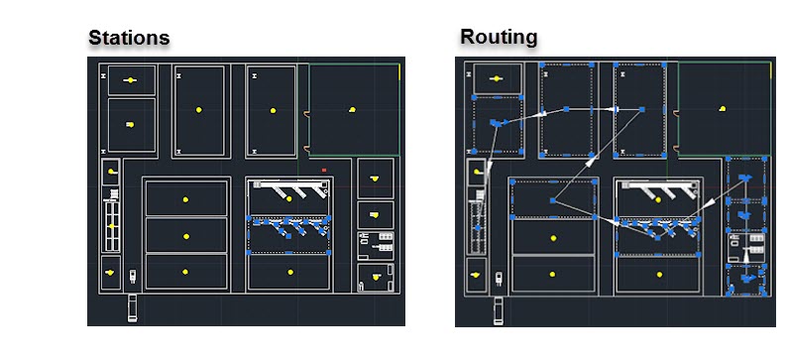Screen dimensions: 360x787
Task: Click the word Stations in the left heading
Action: (129, 38)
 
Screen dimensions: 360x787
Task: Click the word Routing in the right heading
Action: (498, 38)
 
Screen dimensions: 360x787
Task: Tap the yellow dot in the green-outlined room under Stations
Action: (352, 108)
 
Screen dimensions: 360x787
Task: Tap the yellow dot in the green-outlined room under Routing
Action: (724, 107)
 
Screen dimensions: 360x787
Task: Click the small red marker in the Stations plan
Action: (324, 170)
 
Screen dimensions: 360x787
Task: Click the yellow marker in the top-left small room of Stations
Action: (130, 79)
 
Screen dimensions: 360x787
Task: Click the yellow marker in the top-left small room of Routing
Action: (500, 78)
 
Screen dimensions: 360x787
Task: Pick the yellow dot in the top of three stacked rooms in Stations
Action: (185, 199)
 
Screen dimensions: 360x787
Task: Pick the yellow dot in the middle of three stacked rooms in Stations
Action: (185, 236)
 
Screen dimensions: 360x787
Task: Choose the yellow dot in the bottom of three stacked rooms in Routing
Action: (551, 273)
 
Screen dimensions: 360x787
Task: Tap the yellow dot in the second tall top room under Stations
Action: (198, 109)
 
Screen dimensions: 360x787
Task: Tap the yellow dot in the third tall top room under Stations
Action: (271, 109)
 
